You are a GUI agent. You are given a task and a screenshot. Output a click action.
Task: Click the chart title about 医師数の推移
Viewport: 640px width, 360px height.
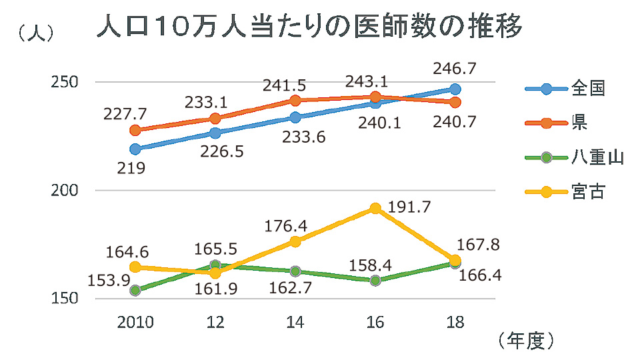309,29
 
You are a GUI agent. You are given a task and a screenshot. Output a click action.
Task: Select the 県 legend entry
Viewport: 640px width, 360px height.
579,123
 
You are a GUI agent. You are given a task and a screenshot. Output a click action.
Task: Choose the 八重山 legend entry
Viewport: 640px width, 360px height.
597,157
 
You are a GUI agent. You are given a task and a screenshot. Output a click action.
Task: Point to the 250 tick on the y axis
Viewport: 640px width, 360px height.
65,82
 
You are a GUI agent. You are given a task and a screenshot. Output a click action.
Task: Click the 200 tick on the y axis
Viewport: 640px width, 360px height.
65,190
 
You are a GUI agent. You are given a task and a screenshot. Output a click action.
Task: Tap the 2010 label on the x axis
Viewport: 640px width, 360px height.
135,323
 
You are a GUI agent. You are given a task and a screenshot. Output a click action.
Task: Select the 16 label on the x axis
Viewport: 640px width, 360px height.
375,323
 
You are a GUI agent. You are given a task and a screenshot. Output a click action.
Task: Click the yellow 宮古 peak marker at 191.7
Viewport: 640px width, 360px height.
375,209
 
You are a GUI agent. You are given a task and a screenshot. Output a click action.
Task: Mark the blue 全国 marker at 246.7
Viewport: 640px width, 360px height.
455,89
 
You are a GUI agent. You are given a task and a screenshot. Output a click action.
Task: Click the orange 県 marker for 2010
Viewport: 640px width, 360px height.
135,130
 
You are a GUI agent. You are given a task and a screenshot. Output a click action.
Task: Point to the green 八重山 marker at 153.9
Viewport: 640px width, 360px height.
135,290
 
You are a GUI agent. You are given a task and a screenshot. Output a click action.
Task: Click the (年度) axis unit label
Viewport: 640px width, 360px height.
527,341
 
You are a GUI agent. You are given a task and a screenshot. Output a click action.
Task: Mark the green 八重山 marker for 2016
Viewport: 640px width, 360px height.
375,281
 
